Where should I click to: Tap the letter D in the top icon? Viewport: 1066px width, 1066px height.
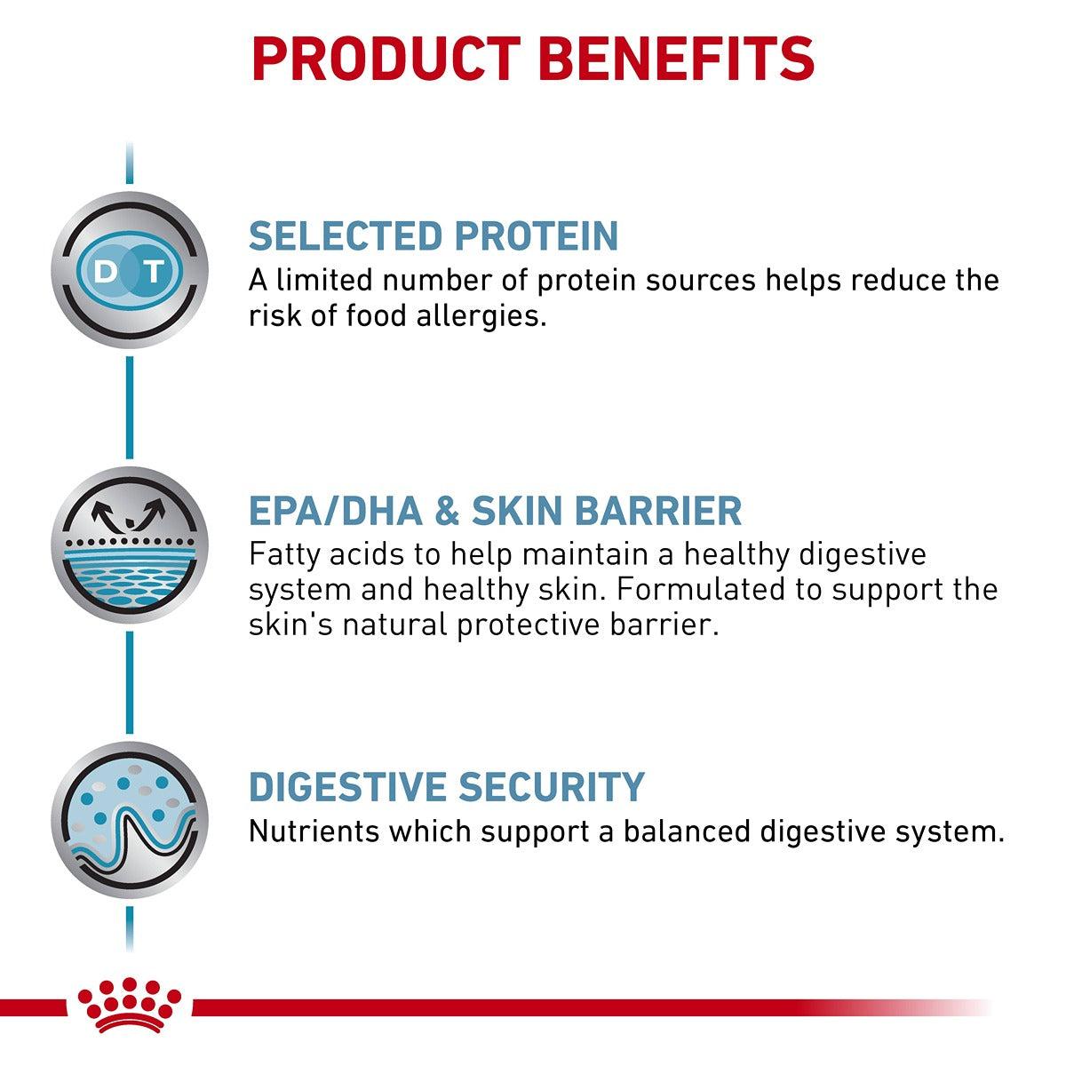pos(105,270)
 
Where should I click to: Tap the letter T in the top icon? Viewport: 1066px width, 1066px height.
pos(155,270)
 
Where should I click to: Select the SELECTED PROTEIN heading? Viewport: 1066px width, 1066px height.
pos(433,235)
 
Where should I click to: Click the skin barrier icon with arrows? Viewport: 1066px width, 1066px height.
pos(130,545)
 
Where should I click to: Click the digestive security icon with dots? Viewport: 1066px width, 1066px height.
pos(130,819)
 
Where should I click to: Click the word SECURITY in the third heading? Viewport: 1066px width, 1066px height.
pos(551,787)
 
